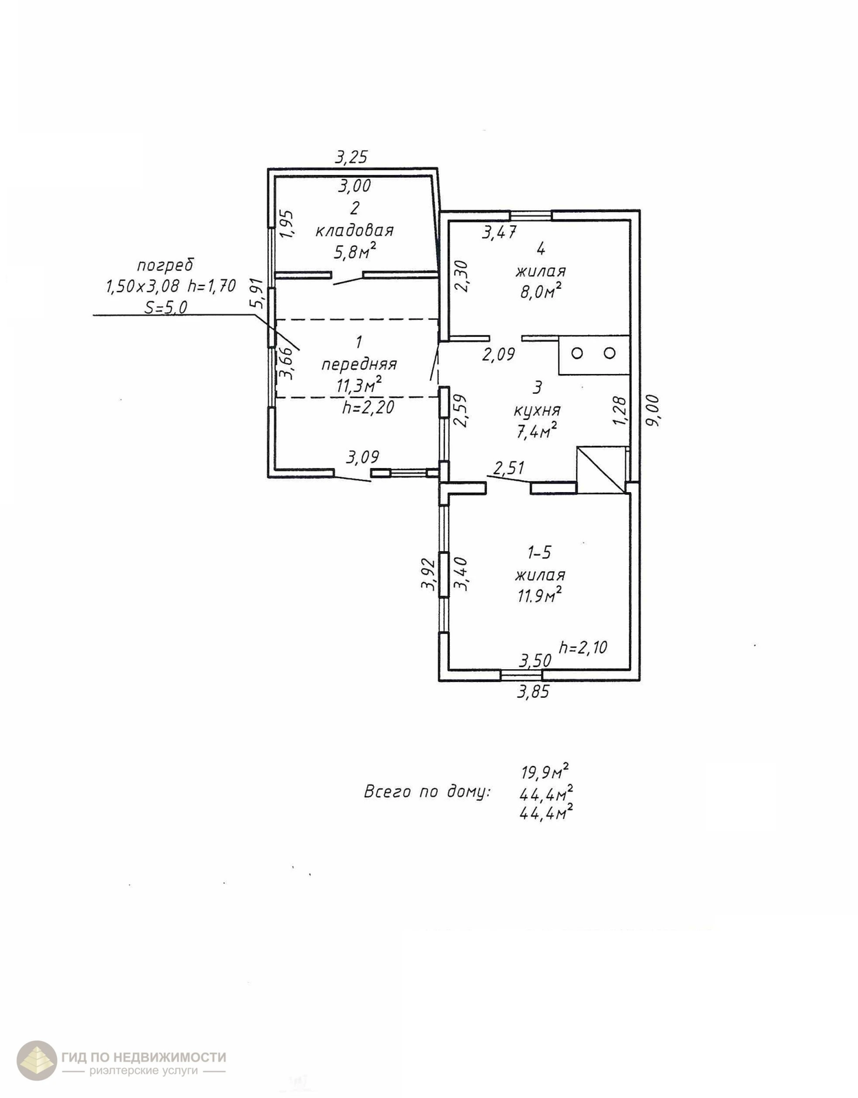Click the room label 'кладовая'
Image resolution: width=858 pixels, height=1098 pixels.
tap(355, 230)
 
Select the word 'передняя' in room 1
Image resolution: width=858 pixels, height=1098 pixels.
tap(359, 364)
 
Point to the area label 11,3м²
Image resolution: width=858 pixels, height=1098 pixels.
tap(359, 385)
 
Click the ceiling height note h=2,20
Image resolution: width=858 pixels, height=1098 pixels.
tap(368, 408)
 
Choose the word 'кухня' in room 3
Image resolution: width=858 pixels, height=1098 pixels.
tap(537, 410)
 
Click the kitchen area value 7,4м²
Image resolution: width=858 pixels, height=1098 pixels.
tap(536, 431)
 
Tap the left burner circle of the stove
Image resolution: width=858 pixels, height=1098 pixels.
tap(577, 353)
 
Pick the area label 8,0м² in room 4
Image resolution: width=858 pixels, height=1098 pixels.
tap(540, 292)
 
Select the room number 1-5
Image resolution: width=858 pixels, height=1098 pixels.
tap(539, 552)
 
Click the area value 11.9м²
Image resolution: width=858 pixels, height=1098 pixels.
tap(540, 596)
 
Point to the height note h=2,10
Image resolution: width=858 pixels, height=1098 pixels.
tap(583, 647)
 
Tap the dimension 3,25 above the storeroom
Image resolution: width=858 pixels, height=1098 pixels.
tap(351, 156)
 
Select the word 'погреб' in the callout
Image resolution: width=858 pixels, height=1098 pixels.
tap(165, 265)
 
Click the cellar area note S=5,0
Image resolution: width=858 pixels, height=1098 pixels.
tap(166, 307)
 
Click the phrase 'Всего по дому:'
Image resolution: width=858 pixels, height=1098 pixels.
tap(427, 792)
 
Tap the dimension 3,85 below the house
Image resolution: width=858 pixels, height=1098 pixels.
tap(533, 691)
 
